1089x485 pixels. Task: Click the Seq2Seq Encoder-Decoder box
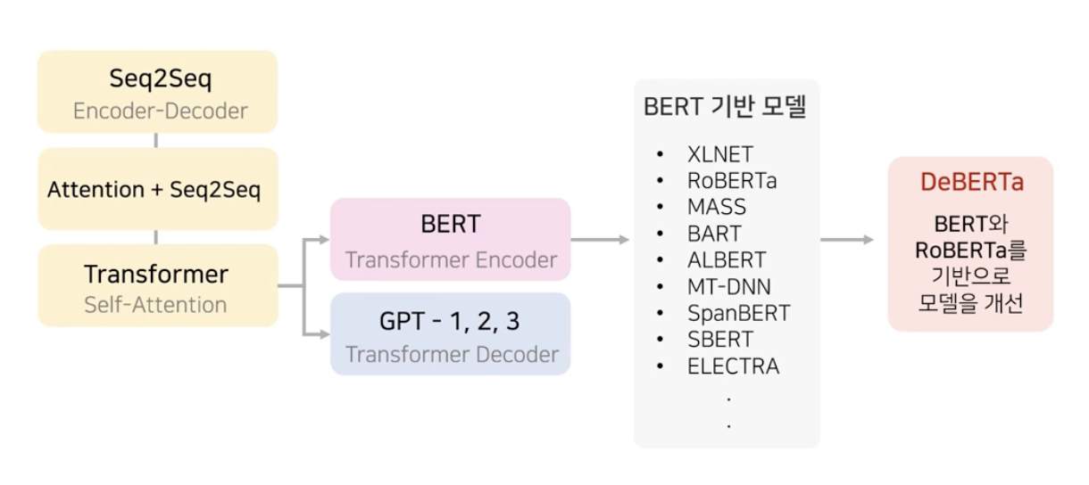[x=157, y=92]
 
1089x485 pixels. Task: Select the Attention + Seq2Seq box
[x=157, y=189]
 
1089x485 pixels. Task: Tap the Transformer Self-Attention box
[x=157, y=285]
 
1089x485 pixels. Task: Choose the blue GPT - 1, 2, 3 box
[x=451, y=333]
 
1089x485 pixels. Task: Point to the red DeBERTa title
[x=972, y=182]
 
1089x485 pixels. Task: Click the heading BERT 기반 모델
[x=725, y=107]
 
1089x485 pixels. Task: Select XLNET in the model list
[x=719, y=154]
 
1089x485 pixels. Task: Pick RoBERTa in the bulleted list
[x=732, y=181]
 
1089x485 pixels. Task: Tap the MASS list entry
[x=717, y=208]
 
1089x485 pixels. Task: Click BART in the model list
[x=714, y=234]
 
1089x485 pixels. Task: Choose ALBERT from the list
[x=727, y=260]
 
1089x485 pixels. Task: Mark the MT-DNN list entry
[x=729, y=287]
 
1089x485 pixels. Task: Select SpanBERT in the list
[x=738, y=314]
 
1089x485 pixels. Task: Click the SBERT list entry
[x=719, y=340]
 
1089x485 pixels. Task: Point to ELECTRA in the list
[x=733, y=366]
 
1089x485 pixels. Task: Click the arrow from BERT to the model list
[x=601, y=240]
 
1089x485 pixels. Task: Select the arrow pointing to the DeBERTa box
[x=847, y=240]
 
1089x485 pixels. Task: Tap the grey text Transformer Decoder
[x=452, y=354]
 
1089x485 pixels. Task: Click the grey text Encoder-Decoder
[x=161, y=111]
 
